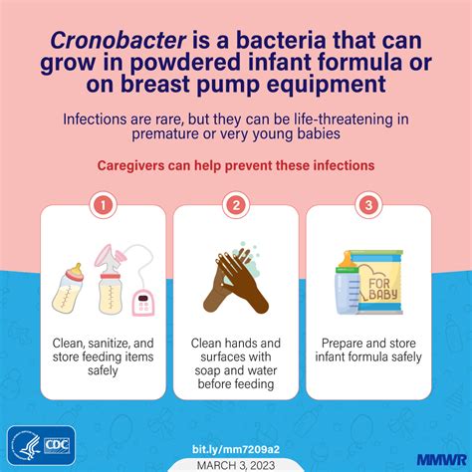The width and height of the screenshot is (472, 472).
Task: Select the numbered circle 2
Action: [235, 206]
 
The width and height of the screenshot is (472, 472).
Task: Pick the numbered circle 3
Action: [369, 206]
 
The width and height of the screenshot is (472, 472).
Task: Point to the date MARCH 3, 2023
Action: [235, 460]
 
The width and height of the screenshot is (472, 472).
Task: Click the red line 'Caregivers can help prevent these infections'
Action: [235, 165]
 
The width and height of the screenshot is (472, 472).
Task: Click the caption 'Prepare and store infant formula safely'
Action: [369, 352]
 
